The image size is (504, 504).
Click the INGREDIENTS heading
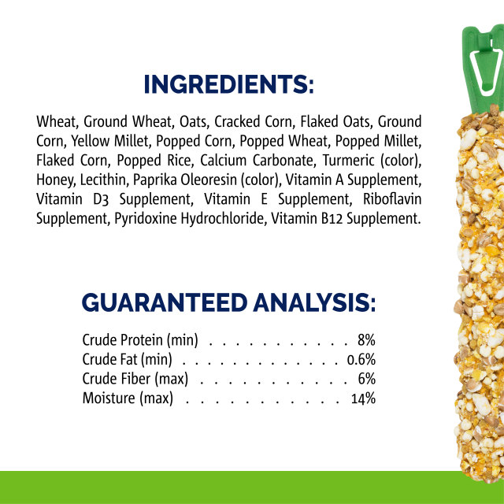pyautogui.click(x=228, y=84)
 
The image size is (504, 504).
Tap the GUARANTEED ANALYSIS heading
pyautogui.click(x=228, y=302)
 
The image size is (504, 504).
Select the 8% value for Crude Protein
pyautogui.click(x=366, y=341)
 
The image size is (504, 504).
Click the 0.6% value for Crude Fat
pyautogui.click(x=361, y=360)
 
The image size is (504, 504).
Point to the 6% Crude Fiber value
pyautogui.click(x=366, y=379)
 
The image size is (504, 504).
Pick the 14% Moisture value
pyautogui.click(x=363, y=398)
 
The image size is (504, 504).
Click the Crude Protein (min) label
pyautogui.click(x=140, y=341)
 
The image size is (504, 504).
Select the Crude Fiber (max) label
pyautogui.click(x=137, y=379)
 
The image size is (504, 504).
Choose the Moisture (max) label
pyautogui.click(x=127, y=398)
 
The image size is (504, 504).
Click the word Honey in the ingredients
pyautogui.click(x=54, y=180)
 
